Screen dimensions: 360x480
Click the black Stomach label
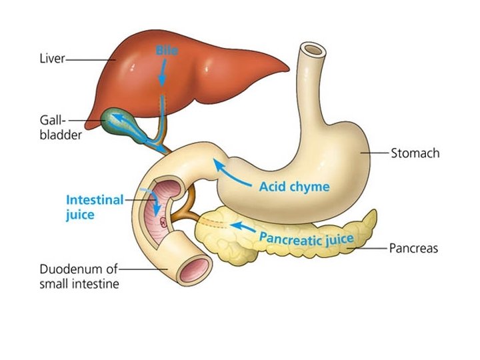coord(415,153)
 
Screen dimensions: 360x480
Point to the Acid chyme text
coord(294,187)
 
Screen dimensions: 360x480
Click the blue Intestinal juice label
coord(94,207)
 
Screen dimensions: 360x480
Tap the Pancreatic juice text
coord(306,236)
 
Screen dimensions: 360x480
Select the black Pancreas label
coord(413,249)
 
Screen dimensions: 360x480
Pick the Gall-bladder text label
coord(59,129)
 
